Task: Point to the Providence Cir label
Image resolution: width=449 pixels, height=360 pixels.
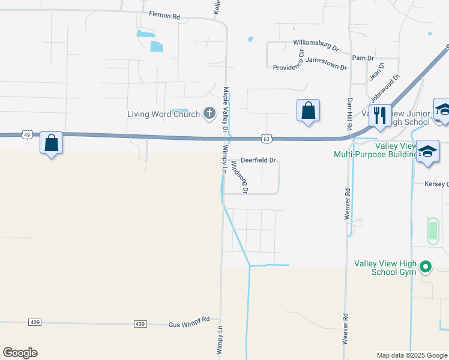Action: (288, 67)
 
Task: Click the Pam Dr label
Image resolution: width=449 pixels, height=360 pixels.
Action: (363, 58)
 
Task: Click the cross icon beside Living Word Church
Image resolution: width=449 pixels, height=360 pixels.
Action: (209, 113)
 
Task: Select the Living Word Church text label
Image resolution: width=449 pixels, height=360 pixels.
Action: (163, 114)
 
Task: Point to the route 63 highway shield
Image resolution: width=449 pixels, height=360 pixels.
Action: (267, 139)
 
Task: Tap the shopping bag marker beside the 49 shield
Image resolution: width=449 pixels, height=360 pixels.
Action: (51, 143)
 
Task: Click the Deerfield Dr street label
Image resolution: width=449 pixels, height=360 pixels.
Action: (258, 160)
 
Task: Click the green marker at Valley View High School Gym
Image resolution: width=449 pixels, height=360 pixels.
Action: (426, 265)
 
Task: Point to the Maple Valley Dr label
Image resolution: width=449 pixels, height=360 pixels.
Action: (225, 110)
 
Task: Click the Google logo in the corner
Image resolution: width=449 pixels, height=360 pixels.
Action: (20, 352)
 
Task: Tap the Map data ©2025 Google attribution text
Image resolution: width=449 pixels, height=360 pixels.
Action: (411, 355)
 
